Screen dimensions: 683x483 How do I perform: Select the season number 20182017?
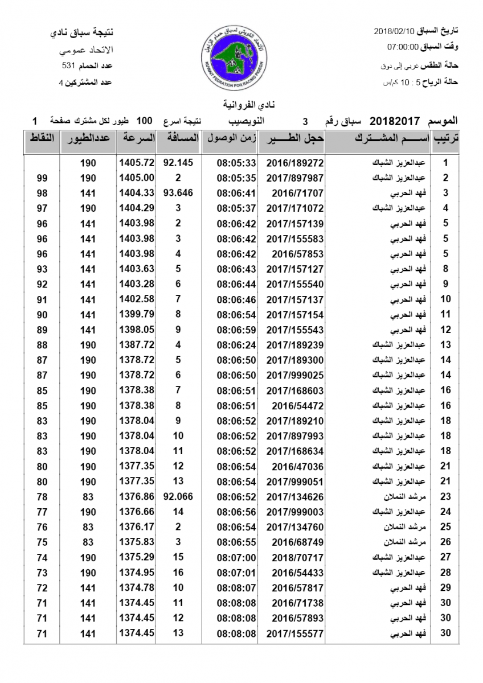click(x=395, y=121)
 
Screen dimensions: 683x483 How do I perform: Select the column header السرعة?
click(x=137, y=138)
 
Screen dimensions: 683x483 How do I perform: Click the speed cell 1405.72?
click(x=137, y=162)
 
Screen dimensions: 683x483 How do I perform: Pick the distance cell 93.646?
click(x=178, y=192)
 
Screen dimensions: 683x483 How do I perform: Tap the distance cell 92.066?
click(x=178, y=497)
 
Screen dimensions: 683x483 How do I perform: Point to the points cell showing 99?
click(x=42, y=178)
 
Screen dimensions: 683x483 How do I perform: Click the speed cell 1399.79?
click(x=137, y=314)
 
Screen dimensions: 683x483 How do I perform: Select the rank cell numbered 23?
click(x=446, y=497)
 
